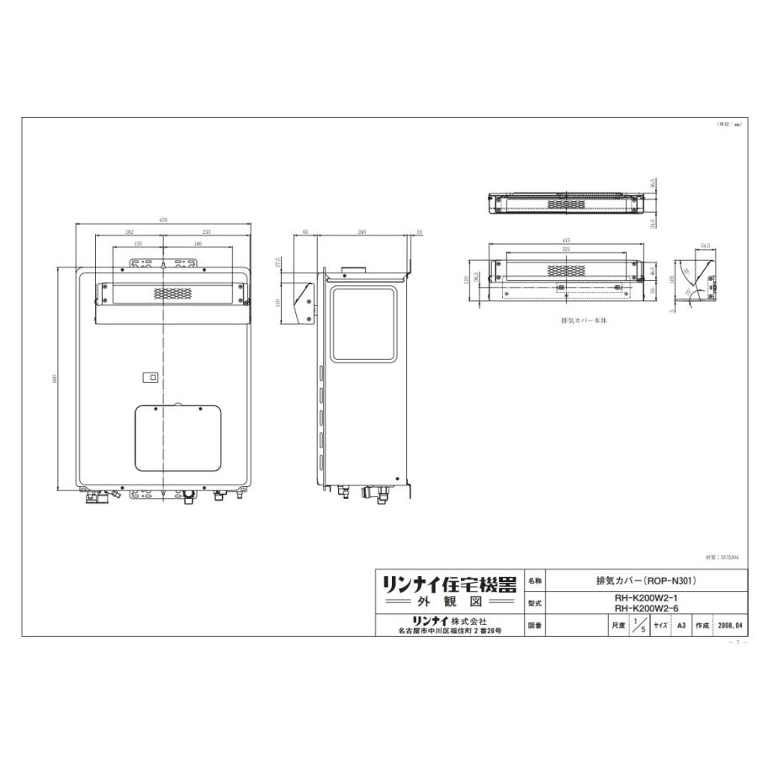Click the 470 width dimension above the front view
click(163, 220)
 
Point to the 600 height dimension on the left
click(55, 379)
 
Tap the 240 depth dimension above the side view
click(362, 231)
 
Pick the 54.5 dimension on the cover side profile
click(705, 246)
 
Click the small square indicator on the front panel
click(152, 378)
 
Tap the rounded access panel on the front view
click(178, 437)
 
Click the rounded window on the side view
click(363, 324)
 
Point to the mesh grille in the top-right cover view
click(566, 203)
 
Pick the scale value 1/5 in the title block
click(643, 627)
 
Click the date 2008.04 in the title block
click(728, 627)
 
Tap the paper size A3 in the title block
click(681, 627)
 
